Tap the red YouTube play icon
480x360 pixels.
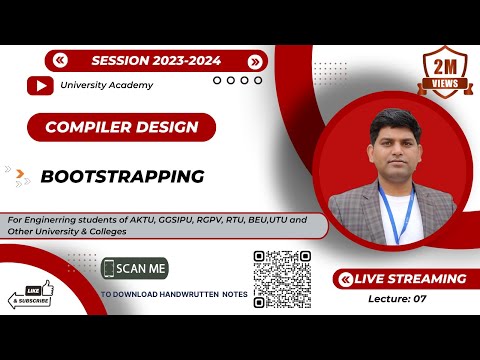41,85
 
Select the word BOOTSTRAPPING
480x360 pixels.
122,176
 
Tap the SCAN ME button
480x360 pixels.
135,268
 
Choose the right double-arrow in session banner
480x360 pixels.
254,60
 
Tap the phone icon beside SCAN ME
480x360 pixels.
109,268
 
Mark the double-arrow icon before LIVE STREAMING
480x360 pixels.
345,279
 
